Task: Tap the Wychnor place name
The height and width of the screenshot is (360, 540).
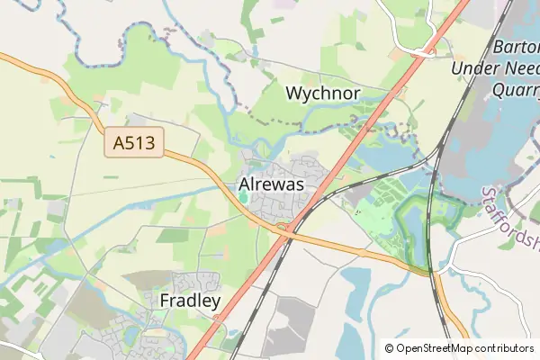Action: click(x=322, y=93)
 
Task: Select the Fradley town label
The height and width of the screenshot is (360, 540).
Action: click(x=190, y=301)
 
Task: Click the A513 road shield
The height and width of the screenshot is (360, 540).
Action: click(x=133, y=143)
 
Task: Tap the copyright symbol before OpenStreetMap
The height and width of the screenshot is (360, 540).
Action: click(x=389, y=347)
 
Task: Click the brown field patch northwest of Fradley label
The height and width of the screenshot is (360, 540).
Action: click(x=144, y=280)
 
